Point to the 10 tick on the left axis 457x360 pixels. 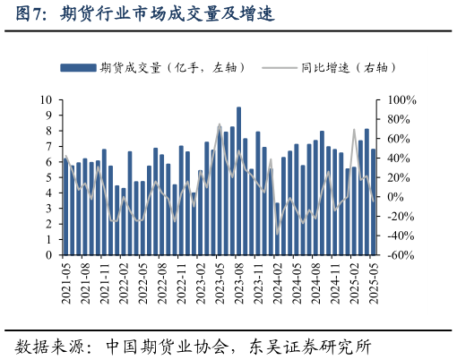(x=47, y=100)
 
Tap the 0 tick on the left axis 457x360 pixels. (x=50, y=255)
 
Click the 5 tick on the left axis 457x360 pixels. (x=50, y=177)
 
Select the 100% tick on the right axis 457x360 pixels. (x=398, y=100)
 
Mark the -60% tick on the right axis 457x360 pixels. (x=398, y=255)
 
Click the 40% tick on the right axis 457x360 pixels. (x=395, y=159)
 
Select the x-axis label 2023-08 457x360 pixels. (x=239, y=284)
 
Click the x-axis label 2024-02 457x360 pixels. (x=278, y=284)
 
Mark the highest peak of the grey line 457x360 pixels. (x=220, y=124)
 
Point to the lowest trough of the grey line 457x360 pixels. (x=278, y=235)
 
